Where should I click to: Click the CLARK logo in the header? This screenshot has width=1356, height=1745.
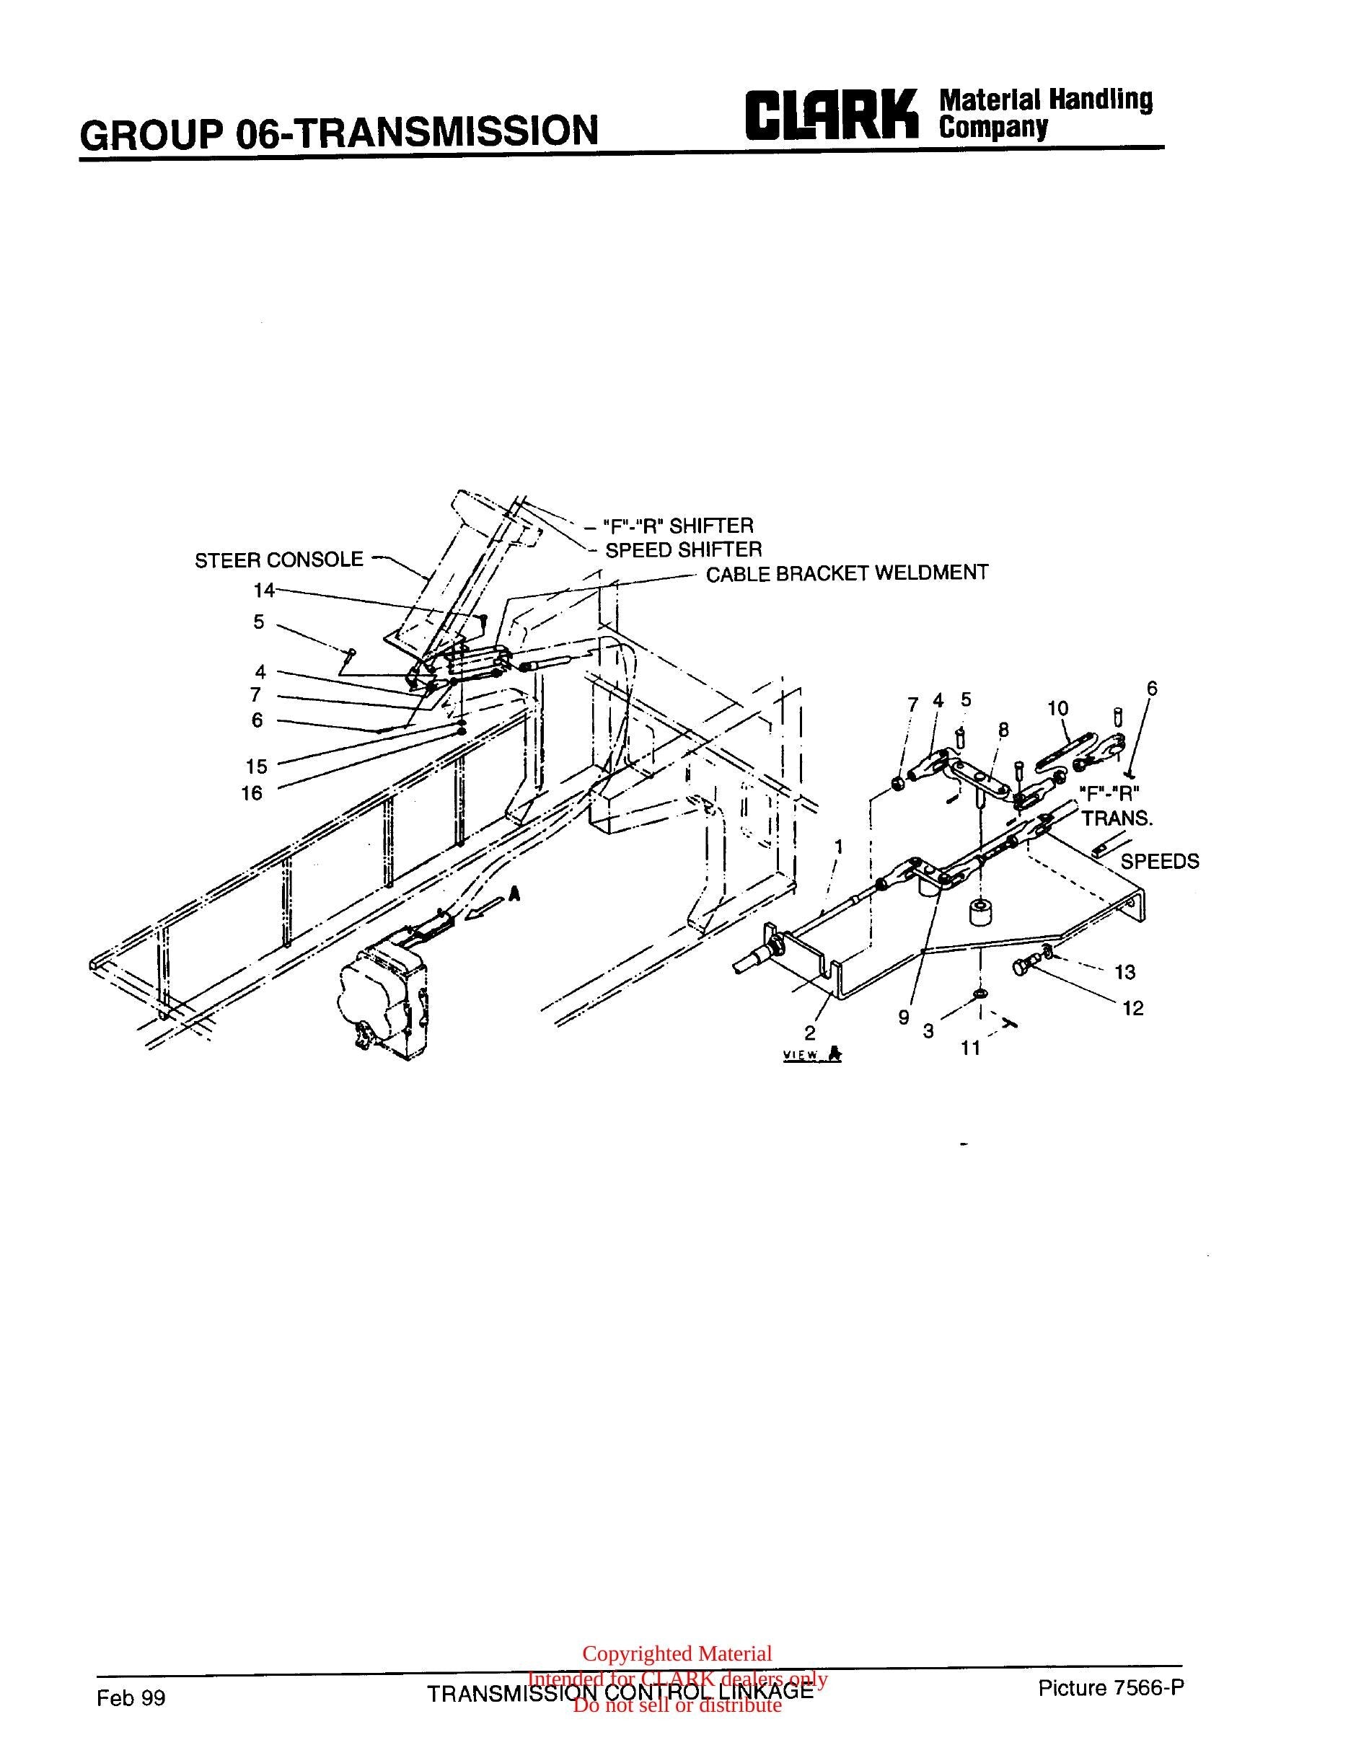[829, 116]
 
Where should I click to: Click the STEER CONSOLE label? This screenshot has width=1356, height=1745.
[279, 560]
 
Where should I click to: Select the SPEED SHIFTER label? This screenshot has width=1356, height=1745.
[683, 549]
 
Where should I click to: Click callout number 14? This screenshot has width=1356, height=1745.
[265, 591]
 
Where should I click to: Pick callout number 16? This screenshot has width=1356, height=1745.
[253, 793]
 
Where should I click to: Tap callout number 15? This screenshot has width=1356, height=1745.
[257, 767]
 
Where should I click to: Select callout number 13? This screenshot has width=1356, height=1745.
[1125, 973]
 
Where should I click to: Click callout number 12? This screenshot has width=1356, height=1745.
[1133, 1008]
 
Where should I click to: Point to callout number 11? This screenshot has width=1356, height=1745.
[970, 1048]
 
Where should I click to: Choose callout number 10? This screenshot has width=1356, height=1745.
[1058, 708]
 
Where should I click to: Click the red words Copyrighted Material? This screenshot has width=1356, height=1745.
[677, 1654]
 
